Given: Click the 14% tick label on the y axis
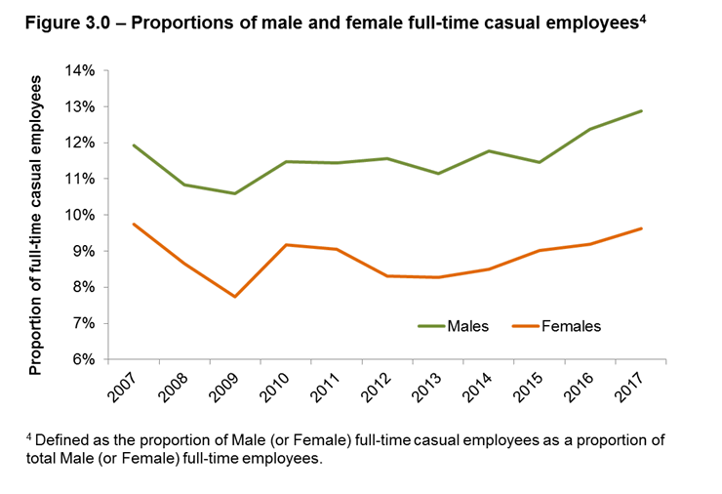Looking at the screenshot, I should pos(81,70).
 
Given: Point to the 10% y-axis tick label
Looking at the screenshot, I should pos(81,215).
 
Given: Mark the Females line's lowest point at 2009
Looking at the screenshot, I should pos(235,296).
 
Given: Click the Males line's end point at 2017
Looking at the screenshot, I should pos(641,110).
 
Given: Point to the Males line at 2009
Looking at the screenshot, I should pos(235,193).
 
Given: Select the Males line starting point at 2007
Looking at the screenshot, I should pos(133,145).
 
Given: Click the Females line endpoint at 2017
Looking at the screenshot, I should pos(641,228).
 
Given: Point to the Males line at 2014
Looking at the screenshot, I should pos(489,150).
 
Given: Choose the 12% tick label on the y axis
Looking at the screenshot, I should pos(81,143).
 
